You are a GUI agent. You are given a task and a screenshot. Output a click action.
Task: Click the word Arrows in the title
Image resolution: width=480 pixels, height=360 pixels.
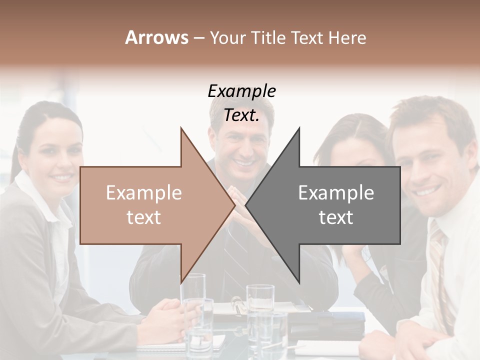click(156, 37)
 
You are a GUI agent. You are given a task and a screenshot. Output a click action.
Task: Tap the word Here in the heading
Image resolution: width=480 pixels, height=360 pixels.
click(347, 37)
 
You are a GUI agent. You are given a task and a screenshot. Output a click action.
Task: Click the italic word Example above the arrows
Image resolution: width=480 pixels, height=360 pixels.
click(241, 91)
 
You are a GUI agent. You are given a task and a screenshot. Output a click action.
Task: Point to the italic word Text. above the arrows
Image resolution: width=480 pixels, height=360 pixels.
click(241, 115)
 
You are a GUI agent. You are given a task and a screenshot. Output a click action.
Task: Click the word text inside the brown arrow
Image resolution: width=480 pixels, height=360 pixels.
click(143, 217)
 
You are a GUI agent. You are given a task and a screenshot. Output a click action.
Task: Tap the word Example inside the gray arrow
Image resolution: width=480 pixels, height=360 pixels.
click(336, 193)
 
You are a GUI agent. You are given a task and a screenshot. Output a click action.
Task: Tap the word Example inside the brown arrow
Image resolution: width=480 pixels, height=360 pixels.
click(143, 193)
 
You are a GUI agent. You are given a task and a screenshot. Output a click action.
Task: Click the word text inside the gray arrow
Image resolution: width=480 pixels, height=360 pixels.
click(336, 217)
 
